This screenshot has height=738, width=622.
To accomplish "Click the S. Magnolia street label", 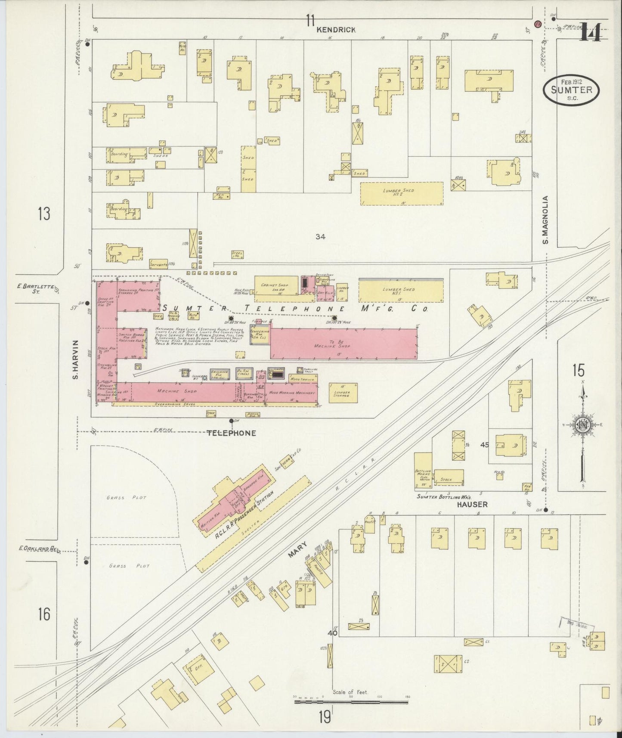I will (545, 220).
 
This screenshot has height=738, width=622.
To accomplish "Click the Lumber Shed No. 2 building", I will (401, 193).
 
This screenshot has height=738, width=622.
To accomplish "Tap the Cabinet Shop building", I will (276, 288).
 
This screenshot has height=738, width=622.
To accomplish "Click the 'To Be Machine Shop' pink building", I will (343, 343).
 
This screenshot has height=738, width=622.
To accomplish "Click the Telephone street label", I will (231, 433).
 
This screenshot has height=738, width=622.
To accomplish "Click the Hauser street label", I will (472, 504).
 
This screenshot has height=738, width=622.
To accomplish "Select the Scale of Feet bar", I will (351, 702).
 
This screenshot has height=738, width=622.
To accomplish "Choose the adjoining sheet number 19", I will (325, 717).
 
